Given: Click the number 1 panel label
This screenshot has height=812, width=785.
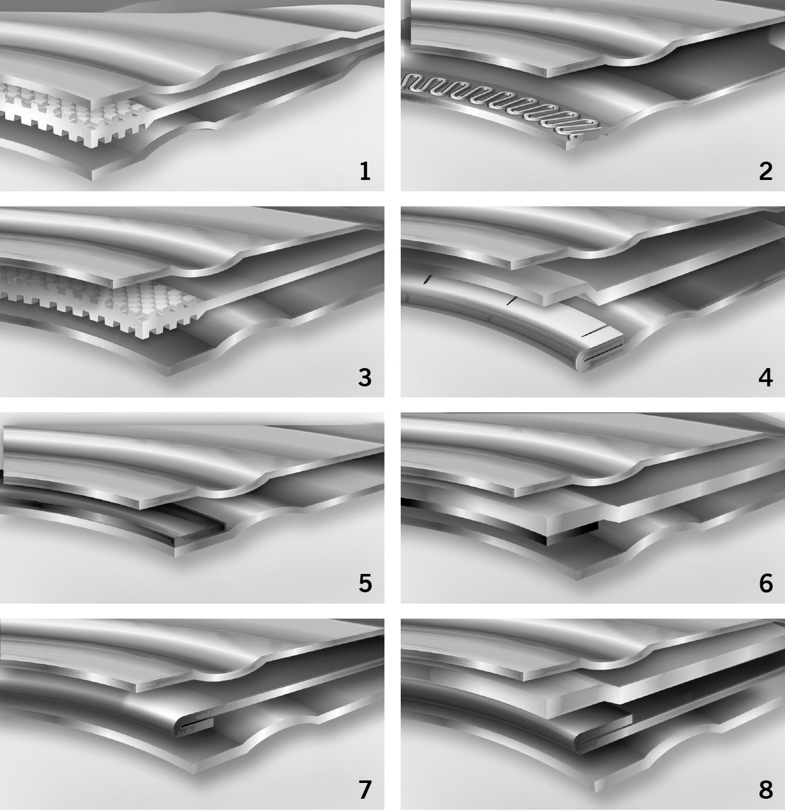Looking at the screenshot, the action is [365, 171].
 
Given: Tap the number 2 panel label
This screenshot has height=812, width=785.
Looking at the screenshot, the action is [765, 171].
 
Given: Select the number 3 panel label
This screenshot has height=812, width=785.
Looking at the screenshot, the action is [365, 378].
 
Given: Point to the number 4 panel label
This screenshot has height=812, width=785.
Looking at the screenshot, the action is [765, 378].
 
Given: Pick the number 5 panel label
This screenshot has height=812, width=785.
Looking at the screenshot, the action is [365, 583].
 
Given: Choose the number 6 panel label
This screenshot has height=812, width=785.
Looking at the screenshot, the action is [766, 583].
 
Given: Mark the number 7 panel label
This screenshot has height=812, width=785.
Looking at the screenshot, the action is [365, 789].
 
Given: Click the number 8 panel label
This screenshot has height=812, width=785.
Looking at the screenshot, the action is [766, 789].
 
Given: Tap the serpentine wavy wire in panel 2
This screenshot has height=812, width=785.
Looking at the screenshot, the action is [501, 104].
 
